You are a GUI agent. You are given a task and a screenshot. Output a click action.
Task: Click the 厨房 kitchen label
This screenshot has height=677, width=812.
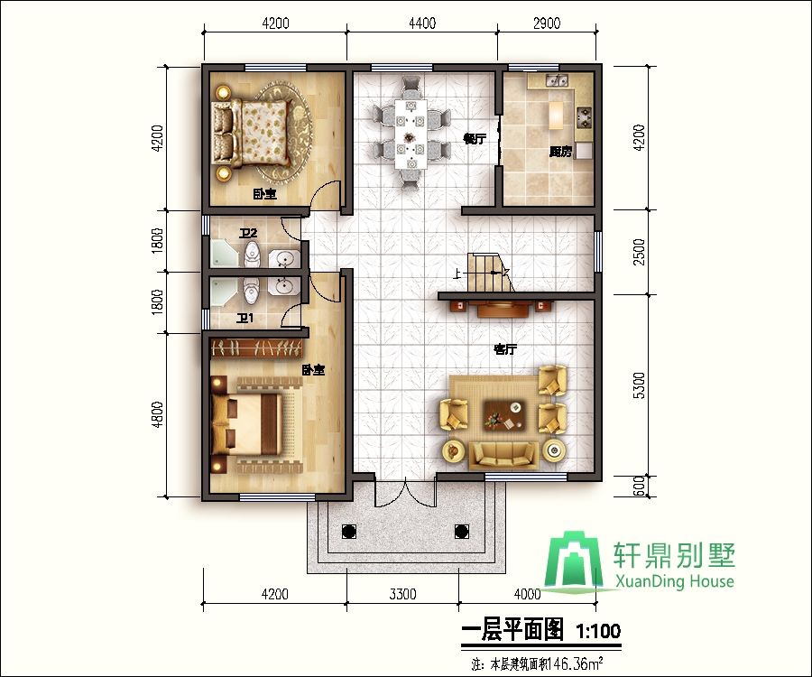(560, 153)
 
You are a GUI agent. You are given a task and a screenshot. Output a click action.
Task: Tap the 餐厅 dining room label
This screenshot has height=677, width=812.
(475, 139)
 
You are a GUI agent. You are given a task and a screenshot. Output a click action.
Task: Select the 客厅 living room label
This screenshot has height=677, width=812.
(504, 348)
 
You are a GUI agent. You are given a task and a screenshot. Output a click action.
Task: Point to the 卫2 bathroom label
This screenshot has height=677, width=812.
(248, 234)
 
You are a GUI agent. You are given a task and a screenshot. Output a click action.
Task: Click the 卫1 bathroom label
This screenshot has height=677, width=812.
(245, 317)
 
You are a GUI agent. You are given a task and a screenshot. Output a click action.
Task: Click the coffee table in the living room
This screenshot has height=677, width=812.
(503, 415)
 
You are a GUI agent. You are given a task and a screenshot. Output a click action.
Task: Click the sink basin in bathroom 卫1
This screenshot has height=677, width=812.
(284, 288)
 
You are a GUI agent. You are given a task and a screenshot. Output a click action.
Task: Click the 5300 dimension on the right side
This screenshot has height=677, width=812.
(639, 385)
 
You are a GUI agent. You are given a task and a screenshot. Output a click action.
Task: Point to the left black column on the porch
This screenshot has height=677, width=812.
(349, 531)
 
